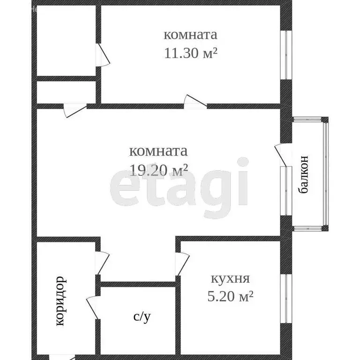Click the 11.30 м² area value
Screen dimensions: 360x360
tap(190, 53)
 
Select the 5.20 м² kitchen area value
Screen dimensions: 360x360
tap(230, 296)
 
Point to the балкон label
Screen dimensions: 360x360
tap(304, 175)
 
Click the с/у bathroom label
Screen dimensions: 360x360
tap(142, 317)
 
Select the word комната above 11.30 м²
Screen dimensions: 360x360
tap(190, 35)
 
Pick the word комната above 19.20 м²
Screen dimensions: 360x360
tap(158, 151)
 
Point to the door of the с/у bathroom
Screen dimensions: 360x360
tap(91, 307)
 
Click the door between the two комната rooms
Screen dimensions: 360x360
tap(194, 102)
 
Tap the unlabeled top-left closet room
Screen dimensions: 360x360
tap(66, 40)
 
